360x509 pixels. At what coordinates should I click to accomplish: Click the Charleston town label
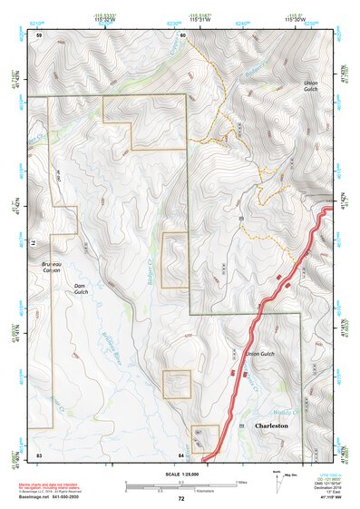(271, 425)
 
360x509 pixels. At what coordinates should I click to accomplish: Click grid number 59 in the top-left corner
(39, 34)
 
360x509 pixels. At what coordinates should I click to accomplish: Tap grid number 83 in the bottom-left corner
(39, 453)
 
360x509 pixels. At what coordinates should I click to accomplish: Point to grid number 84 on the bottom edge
(181, 453)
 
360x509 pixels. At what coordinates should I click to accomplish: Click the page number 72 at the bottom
(180, 499)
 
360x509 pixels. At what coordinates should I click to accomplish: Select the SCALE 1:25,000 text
(180, 472)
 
